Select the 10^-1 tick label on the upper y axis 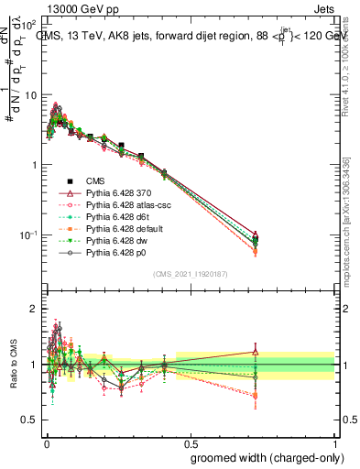[27, 235]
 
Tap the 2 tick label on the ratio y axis [34, 309]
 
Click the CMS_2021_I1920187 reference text [190, 275]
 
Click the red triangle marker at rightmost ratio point [255, 351]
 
